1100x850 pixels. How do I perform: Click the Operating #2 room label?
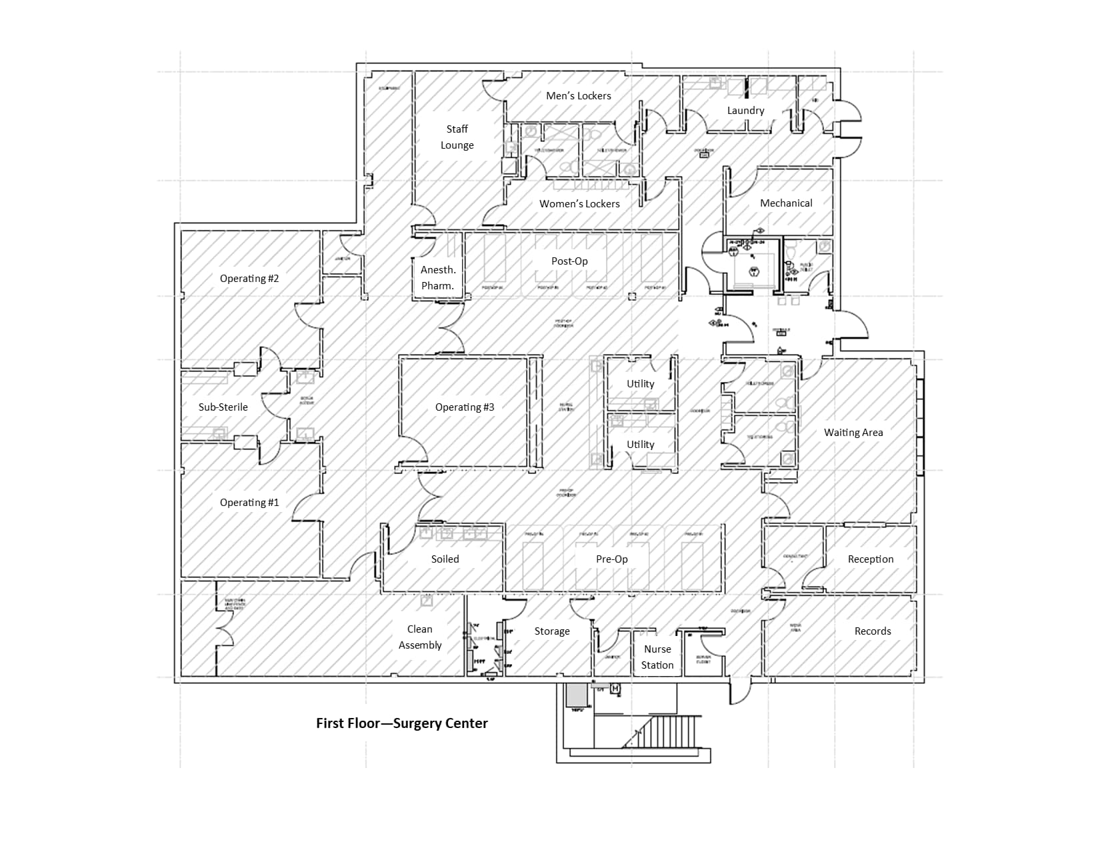click(x=249, y=279)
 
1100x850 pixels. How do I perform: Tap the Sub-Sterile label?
click(x=223, y=407)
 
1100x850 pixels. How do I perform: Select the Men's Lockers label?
click(x=578, y=96)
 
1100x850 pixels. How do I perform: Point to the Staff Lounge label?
click(x=457, y=137)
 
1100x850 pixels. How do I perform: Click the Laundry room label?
click(x=745, y=111)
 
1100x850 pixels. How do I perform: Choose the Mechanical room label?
click(x=786, y=203)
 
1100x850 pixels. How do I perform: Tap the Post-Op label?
click(x=569, y=261)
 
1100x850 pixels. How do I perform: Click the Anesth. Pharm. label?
click(x=438, y=278)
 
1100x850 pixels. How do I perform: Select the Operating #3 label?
click(x=465, y=407)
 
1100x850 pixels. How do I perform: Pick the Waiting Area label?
click(x=853, y=433)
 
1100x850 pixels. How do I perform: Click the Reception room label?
click(x=871, y=559)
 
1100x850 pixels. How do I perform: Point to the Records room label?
click(x=873, y=631)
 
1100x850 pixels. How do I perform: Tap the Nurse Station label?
click(x=657, y=657)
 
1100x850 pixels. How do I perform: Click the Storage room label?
click(x=552, y=631)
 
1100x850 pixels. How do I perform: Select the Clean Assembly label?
click(x=420, y=637)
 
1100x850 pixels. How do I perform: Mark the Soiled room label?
click(x=445, y=559)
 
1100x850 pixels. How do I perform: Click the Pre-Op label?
click(x=611, y=559)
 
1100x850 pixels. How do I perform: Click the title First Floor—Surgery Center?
click(x=402, y=723)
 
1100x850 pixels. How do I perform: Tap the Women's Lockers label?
click(x=579, y=204)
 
